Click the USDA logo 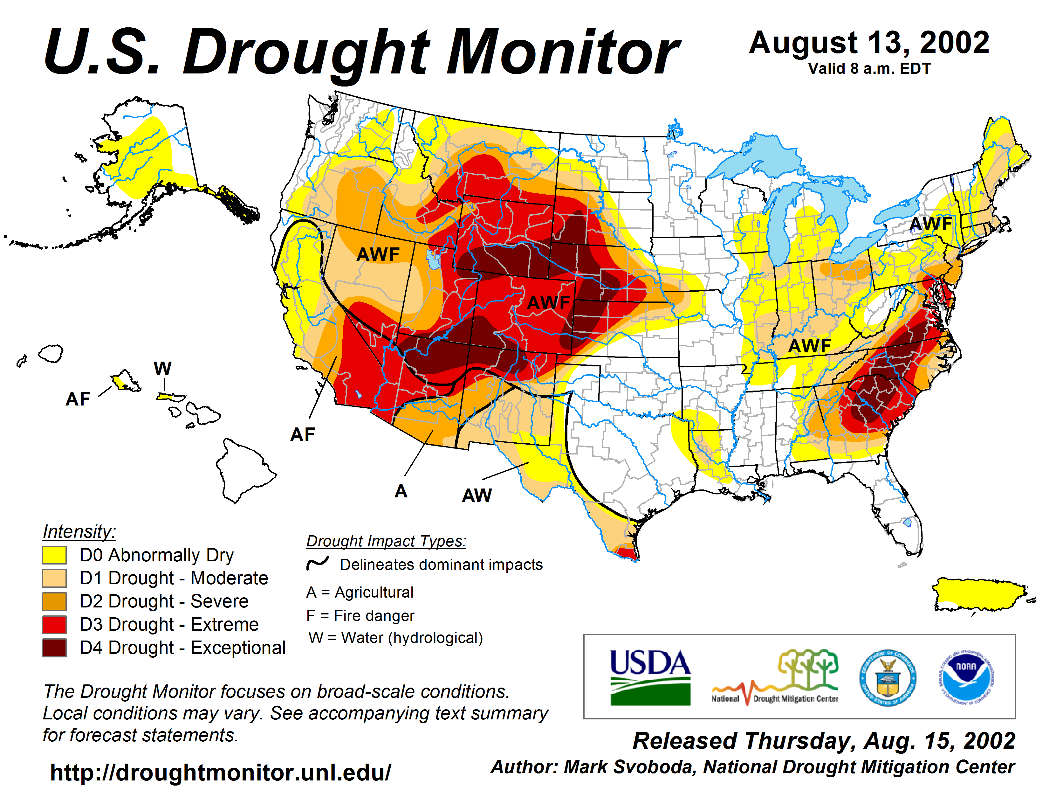pyautogui.click(x=650, y=676)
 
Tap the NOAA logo pyautogui.click(x=966, y=677)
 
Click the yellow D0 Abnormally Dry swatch pyautogui.click(x=54, y=555)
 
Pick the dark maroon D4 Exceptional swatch pyautogui.click(x=54, y=648)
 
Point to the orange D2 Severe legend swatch pyautogui.click(x=54, y=601)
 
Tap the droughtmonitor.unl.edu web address pyautogui.click(x=221, y=773)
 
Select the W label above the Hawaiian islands pyautogui.click(x=162, y=369)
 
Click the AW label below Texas pyautogui.click(x=477, y=495)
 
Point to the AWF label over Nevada pyautogui.click(x=378, y=254)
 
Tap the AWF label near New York pyautogui.click(x=931, y=224)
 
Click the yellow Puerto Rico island pyautogui.click(x=980, y=595)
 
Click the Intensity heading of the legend pyautogui.click(x=79, y=531)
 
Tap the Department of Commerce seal pyautogui.click(x=888, y=677)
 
